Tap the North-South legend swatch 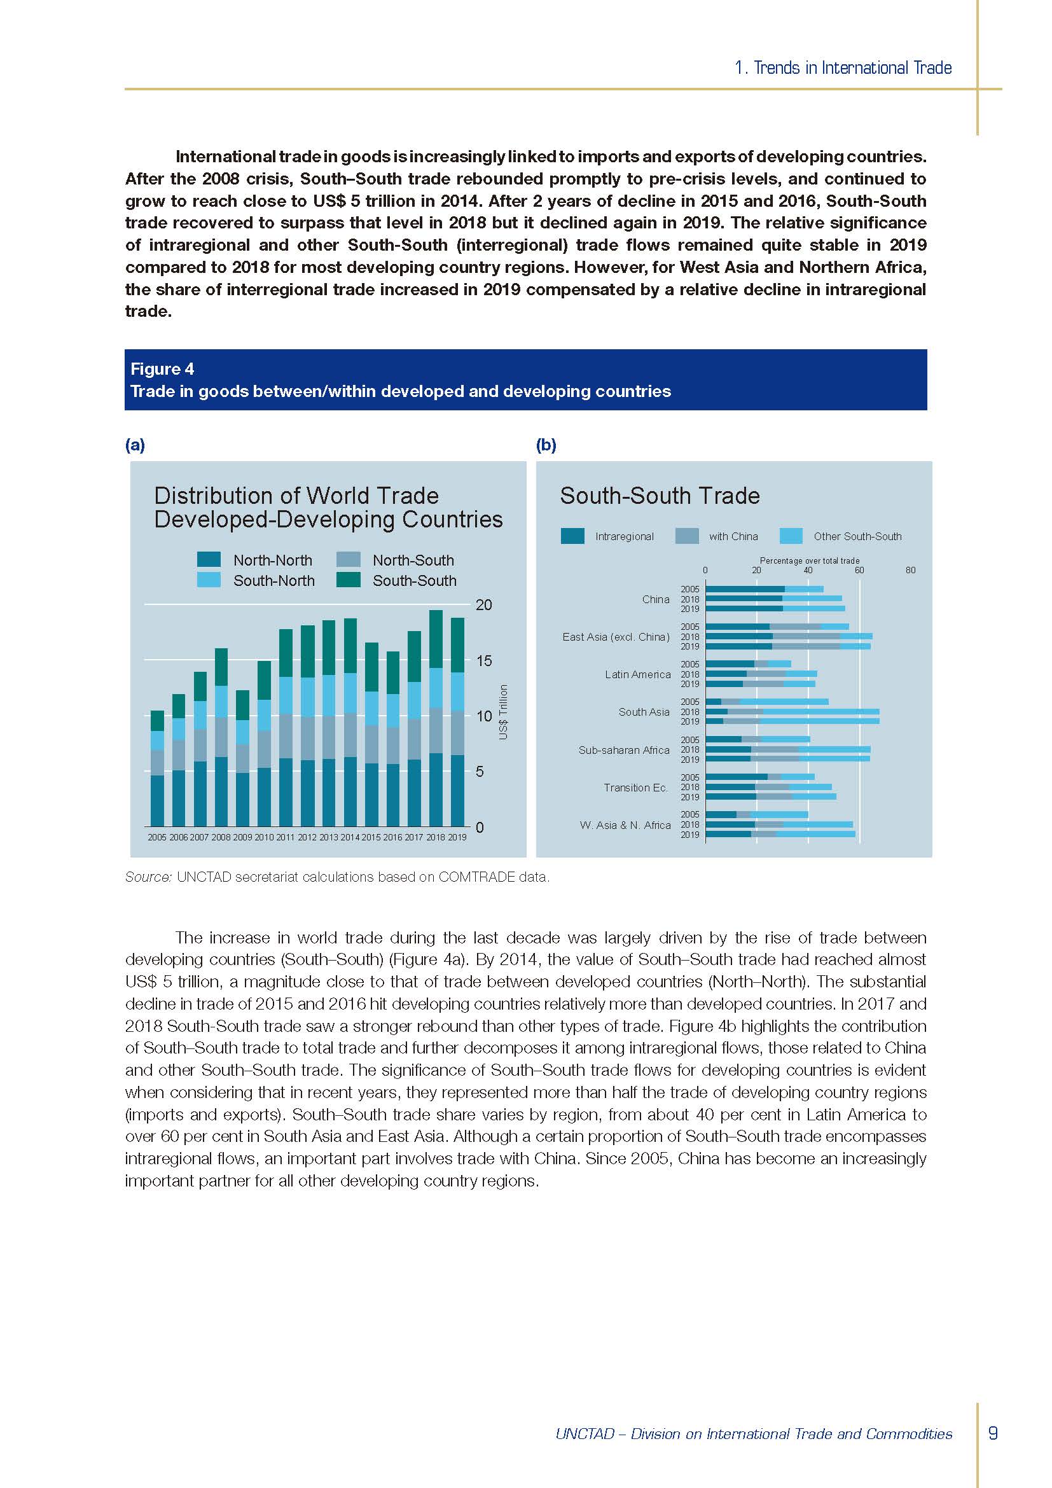tap(349, 560)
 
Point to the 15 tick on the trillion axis tap(483, 661)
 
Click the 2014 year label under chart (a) tap(350, 837)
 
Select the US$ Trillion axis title tap(503, 713)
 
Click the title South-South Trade tap(660, 496)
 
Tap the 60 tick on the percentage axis tap(859, 570)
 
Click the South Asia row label tap(643, 712)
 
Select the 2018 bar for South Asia tap(792, 712)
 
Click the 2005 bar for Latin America tap(747, 664)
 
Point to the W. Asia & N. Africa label tap(625, 825)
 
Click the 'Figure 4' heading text tap(162, 369)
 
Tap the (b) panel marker tap(546, 445)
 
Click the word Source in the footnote tap(148, 877)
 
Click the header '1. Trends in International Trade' tap(843, 68)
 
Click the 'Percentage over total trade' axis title tap(809, 560)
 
